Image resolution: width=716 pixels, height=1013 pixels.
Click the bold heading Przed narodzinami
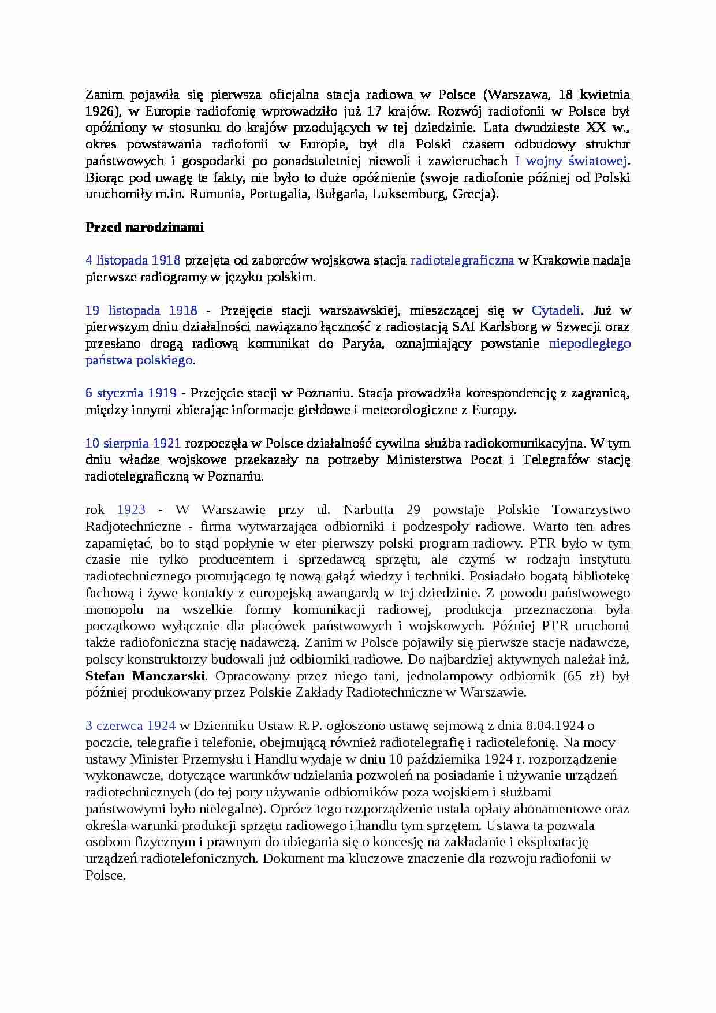click(144, 227)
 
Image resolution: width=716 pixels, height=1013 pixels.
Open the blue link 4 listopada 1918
click(133, 260)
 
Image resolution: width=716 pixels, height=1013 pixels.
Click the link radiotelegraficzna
click(461, 260)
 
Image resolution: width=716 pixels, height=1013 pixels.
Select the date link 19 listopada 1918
click(141, 311)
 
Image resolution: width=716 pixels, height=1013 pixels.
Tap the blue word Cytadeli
click(555, 311)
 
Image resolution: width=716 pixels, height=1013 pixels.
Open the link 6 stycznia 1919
click(131, 393)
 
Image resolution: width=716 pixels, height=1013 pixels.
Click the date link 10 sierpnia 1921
click(133, 444)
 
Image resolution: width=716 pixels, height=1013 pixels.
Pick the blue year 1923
click(131, 510)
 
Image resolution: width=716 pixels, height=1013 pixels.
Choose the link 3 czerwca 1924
click(130, 726)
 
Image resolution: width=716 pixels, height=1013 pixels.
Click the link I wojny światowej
click(570, 161)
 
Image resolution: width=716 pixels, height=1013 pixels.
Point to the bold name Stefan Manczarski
click(146, 676)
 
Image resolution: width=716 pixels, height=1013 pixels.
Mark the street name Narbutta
click(368, 510)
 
